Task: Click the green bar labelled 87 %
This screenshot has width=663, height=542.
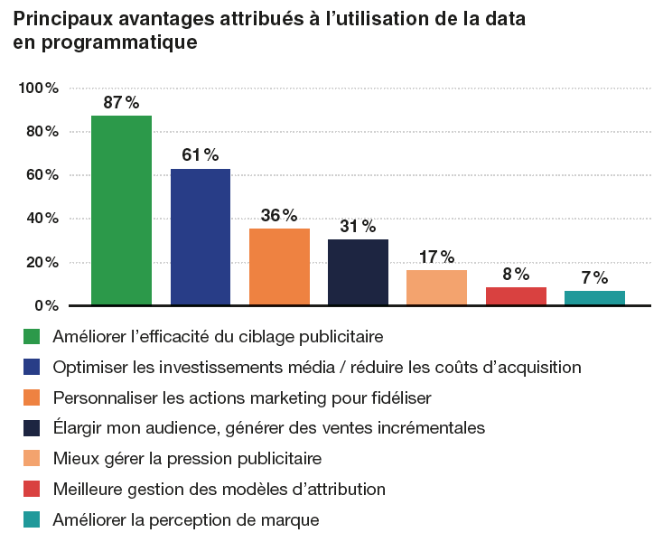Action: pos(121,210)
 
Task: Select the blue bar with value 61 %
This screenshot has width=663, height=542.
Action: pos(201,237)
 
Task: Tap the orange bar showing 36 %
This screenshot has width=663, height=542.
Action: pos(279,267)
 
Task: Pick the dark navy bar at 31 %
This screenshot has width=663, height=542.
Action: pos(358,272)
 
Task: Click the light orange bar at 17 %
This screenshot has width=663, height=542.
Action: pos(436,287)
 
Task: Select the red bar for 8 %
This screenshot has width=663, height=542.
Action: pos(516,296)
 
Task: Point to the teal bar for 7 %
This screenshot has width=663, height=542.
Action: pos(594,298)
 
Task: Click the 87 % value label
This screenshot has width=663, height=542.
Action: pos(121,102)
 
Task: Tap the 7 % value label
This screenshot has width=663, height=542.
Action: pos(594,277)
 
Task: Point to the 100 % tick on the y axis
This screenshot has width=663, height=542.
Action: pos(39,89)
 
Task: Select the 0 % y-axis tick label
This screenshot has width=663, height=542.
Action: pos(46,305)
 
